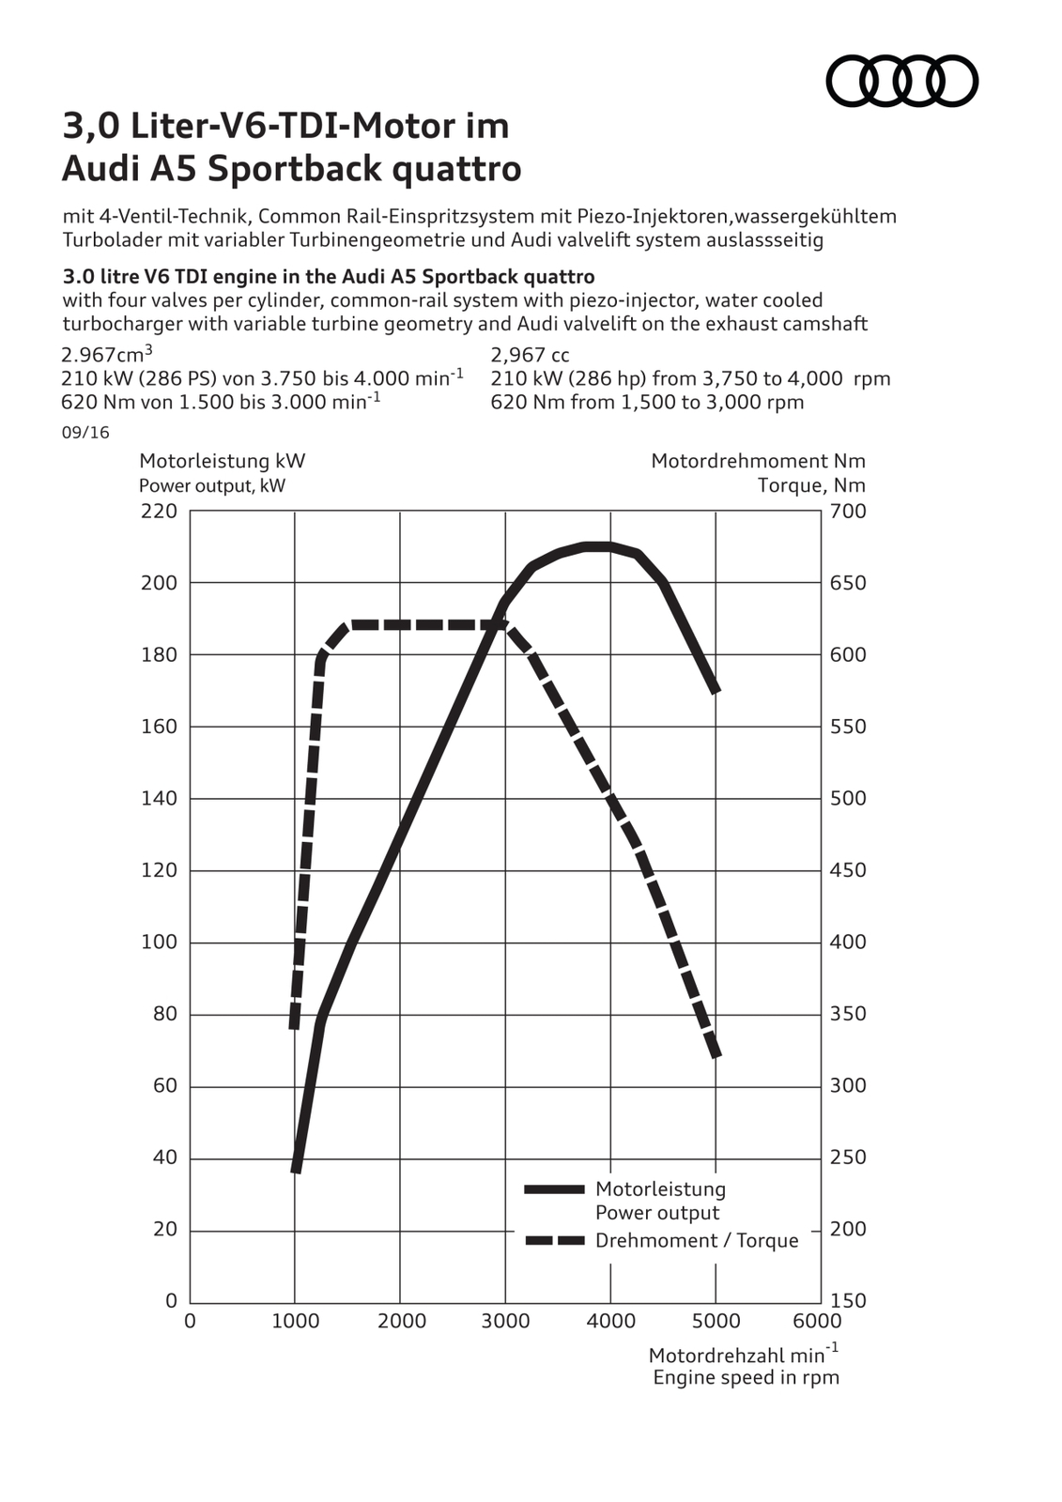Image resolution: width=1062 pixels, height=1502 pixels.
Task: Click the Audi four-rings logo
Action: tap(901, 80)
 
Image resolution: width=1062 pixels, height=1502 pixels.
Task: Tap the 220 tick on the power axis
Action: tap(159, 512)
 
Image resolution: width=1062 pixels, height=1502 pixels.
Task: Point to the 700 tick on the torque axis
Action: tap(848, 512)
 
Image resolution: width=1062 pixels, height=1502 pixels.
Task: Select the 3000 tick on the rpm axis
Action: tap(505, 1321)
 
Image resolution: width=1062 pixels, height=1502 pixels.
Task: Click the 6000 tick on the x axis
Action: tap(818, 1321)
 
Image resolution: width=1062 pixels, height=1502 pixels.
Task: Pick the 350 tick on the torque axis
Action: tap(848, 1014)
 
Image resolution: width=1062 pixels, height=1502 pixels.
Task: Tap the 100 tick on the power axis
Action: tap(159, 943)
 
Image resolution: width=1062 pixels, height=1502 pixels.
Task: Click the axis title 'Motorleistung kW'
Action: tap(222, 461)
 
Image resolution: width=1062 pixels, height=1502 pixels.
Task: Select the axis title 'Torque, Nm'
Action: tap(811, 485)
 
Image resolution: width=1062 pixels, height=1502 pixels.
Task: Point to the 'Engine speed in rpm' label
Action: tap(746, 1377)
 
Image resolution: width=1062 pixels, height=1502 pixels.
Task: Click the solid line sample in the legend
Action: tap(554, 1189)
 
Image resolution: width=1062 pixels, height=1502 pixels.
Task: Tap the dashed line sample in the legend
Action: tap(554, 1241)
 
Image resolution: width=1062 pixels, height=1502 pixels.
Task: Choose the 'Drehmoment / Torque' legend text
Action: tap(697, 1241)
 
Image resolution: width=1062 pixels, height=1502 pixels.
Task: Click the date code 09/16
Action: tap(85, 433)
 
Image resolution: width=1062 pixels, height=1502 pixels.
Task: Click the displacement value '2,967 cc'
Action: tap(530, 355)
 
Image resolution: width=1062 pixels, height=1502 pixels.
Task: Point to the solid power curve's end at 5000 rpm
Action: tap(716, 688)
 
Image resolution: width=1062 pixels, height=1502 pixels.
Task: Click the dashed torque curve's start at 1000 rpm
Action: tap(295, 1023)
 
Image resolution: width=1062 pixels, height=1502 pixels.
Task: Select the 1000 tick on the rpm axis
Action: tap(295, 1321)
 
